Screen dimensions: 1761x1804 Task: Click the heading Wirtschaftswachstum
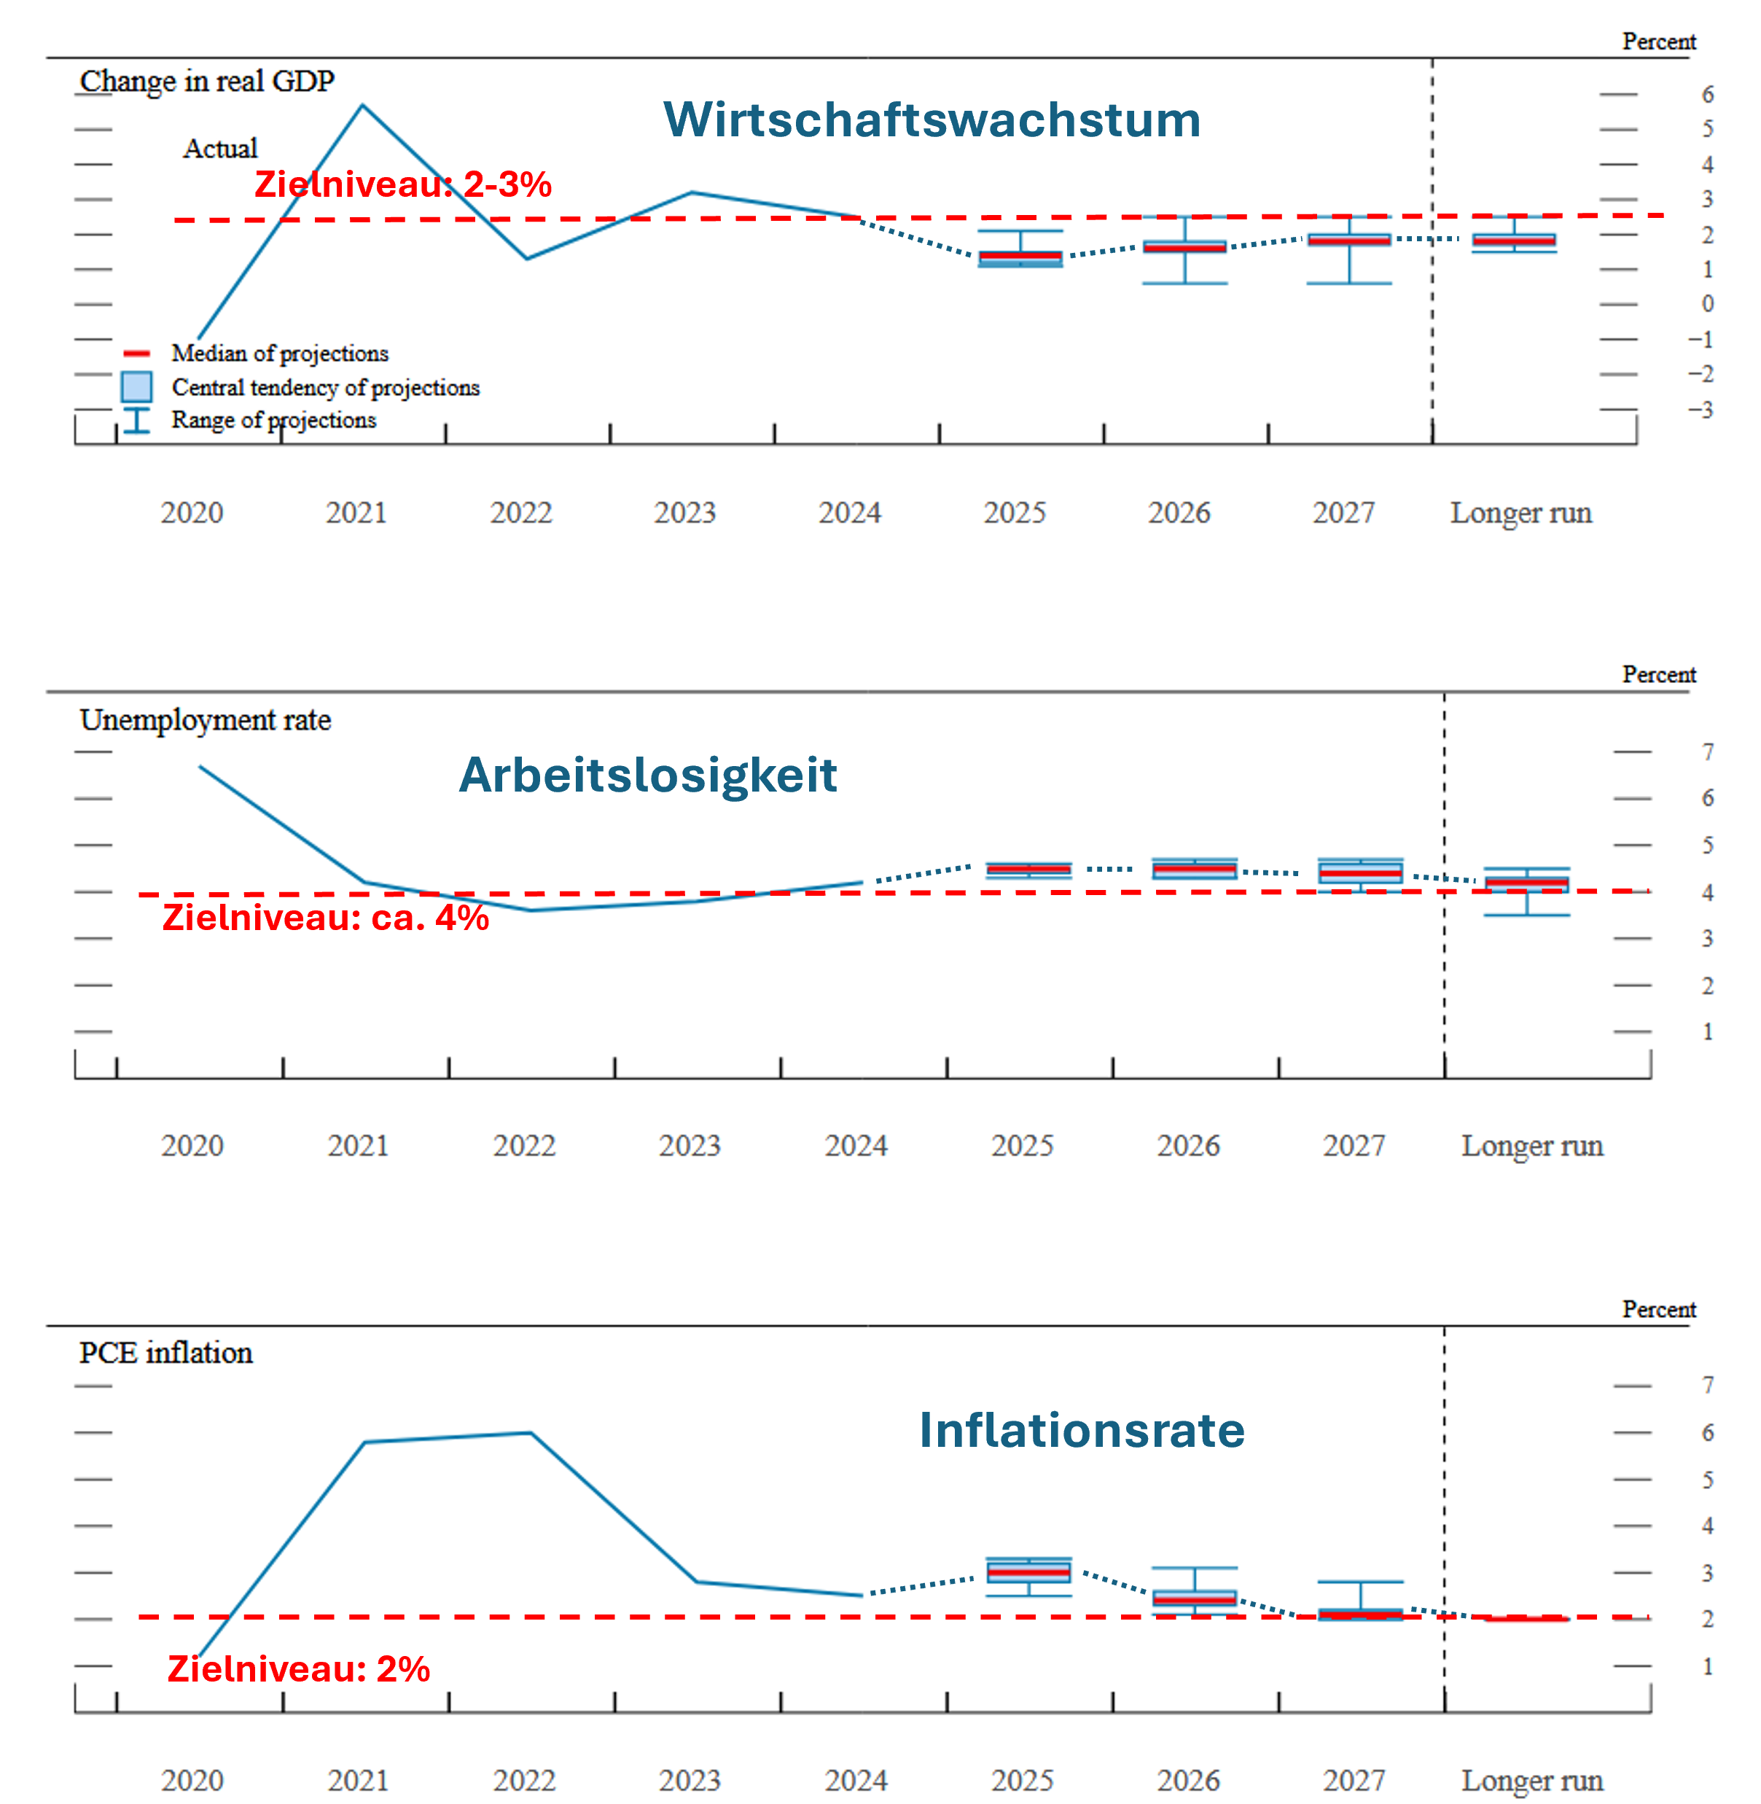tap(932, 120)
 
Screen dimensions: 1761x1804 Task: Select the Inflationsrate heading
tap(1082, 1429)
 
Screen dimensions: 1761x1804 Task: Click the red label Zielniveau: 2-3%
tap(403, 184)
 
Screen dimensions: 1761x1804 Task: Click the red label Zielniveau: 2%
tap(299, 1668)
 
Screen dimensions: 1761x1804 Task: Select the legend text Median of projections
tap(280, 354)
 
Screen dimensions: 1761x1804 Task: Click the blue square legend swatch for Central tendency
tap(137, 386)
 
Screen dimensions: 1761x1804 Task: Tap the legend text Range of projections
tap(274, 420)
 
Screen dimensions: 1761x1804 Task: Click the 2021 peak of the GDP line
tap(362, 106)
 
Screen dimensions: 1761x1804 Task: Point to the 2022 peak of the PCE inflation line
tap(530, 1432)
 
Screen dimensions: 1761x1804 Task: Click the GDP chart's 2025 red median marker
tap(1020, 255)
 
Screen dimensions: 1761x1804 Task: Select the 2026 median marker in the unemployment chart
tap(1194, 869)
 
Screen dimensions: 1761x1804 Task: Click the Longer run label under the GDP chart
tap(1520, 512)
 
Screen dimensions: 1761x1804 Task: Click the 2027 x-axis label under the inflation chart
tap(1354, 1780)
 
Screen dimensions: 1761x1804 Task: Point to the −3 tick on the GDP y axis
tap(1700, 410)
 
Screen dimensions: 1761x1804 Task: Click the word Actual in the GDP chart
tap(220, 148)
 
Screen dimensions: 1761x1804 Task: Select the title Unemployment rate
tap(206, 719)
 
